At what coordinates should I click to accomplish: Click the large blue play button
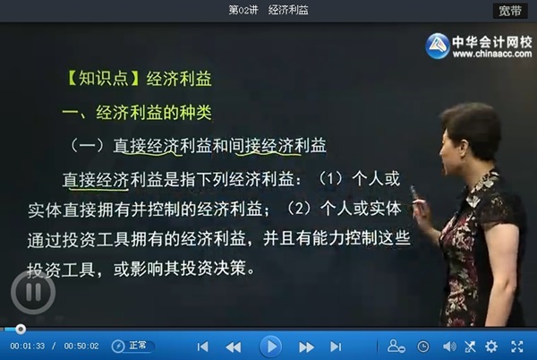click(x=271, y=347)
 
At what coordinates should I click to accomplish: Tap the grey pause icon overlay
click(x=33, y=292)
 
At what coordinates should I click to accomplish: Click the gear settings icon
click(x=491, y=347)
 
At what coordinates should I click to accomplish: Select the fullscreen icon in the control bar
click(x=517, y=347)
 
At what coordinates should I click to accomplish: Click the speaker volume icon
click(x=449, y=347)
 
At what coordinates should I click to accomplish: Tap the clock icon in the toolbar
click(x=423, y=347)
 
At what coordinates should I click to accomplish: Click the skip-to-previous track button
click(x=203, y=347)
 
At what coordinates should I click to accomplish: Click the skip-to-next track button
click(x=336, y=347)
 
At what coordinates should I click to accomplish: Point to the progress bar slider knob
click(x=21, y=330)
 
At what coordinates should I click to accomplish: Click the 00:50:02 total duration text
click(x=81, y=346)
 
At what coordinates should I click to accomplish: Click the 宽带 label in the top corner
click(x=510, y=11)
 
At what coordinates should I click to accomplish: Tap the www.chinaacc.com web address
click(x=492, y=54)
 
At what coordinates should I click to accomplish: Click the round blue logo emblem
click(x=438, y=46)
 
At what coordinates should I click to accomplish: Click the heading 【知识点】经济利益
click(x=138, y=79)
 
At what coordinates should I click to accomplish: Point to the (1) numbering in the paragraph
click(x=331, y=179)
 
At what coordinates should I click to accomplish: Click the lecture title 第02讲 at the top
click(x=243, y=10)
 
